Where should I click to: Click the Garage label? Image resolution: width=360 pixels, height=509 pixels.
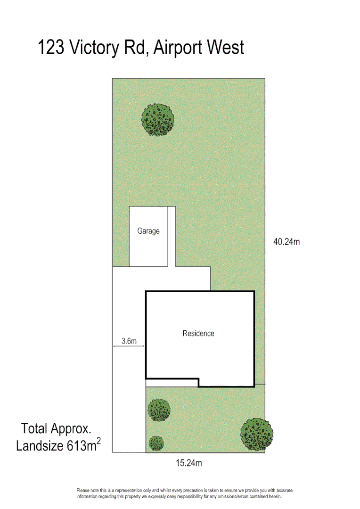[x=148, y=231]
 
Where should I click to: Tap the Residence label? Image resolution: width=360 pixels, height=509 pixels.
[x=198, y=333]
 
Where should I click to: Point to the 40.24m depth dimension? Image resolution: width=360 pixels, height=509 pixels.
[x=286, y=242]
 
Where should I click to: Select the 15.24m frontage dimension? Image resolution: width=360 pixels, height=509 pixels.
[x=189, y=463]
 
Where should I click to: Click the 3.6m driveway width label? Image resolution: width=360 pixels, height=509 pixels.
[x=129, y=341]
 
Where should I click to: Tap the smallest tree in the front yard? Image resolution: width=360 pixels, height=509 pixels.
[x=156, y=443]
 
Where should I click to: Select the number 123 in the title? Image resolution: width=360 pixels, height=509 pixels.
[x=51, y=48]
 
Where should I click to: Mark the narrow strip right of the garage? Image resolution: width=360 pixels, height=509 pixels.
[x=172, y=236]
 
